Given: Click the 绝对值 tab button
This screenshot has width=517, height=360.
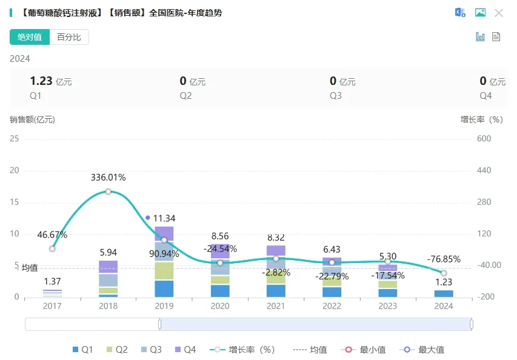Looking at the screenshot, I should pos(30,37).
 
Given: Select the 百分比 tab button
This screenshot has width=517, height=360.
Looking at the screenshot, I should pos(69,37).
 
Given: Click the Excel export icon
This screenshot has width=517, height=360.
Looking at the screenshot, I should pos(460,13).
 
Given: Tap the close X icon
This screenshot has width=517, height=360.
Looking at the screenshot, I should pos(499,13).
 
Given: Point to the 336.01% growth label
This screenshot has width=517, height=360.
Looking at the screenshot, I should pos(108,178).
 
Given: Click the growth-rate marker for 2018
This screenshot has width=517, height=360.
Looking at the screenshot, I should pos(108,192).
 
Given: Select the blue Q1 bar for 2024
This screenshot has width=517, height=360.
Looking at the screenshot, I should pos(444,294).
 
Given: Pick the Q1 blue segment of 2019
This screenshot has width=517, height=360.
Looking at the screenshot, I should pos(164,288).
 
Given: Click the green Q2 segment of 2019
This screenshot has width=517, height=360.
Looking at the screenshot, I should pos(164,271).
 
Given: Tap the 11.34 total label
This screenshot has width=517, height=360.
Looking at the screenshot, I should pos(164,218).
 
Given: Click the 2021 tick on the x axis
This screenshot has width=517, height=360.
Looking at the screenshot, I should pos(276,307).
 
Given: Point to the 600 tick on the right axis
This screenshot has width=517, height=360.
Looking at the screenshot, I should pos(483,139).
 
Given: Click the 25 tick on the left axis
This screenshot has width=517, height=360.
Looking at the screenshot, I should pos(14,139).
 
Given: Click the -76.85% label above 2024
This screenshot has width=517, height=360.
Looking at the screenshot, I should pos(444,259).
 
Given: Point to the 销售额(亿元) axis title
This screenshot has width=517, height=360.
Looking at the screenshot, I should pos(32,119).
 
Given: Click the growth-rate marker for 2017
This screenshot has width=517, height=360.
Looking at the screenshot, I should pos(53,248).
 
